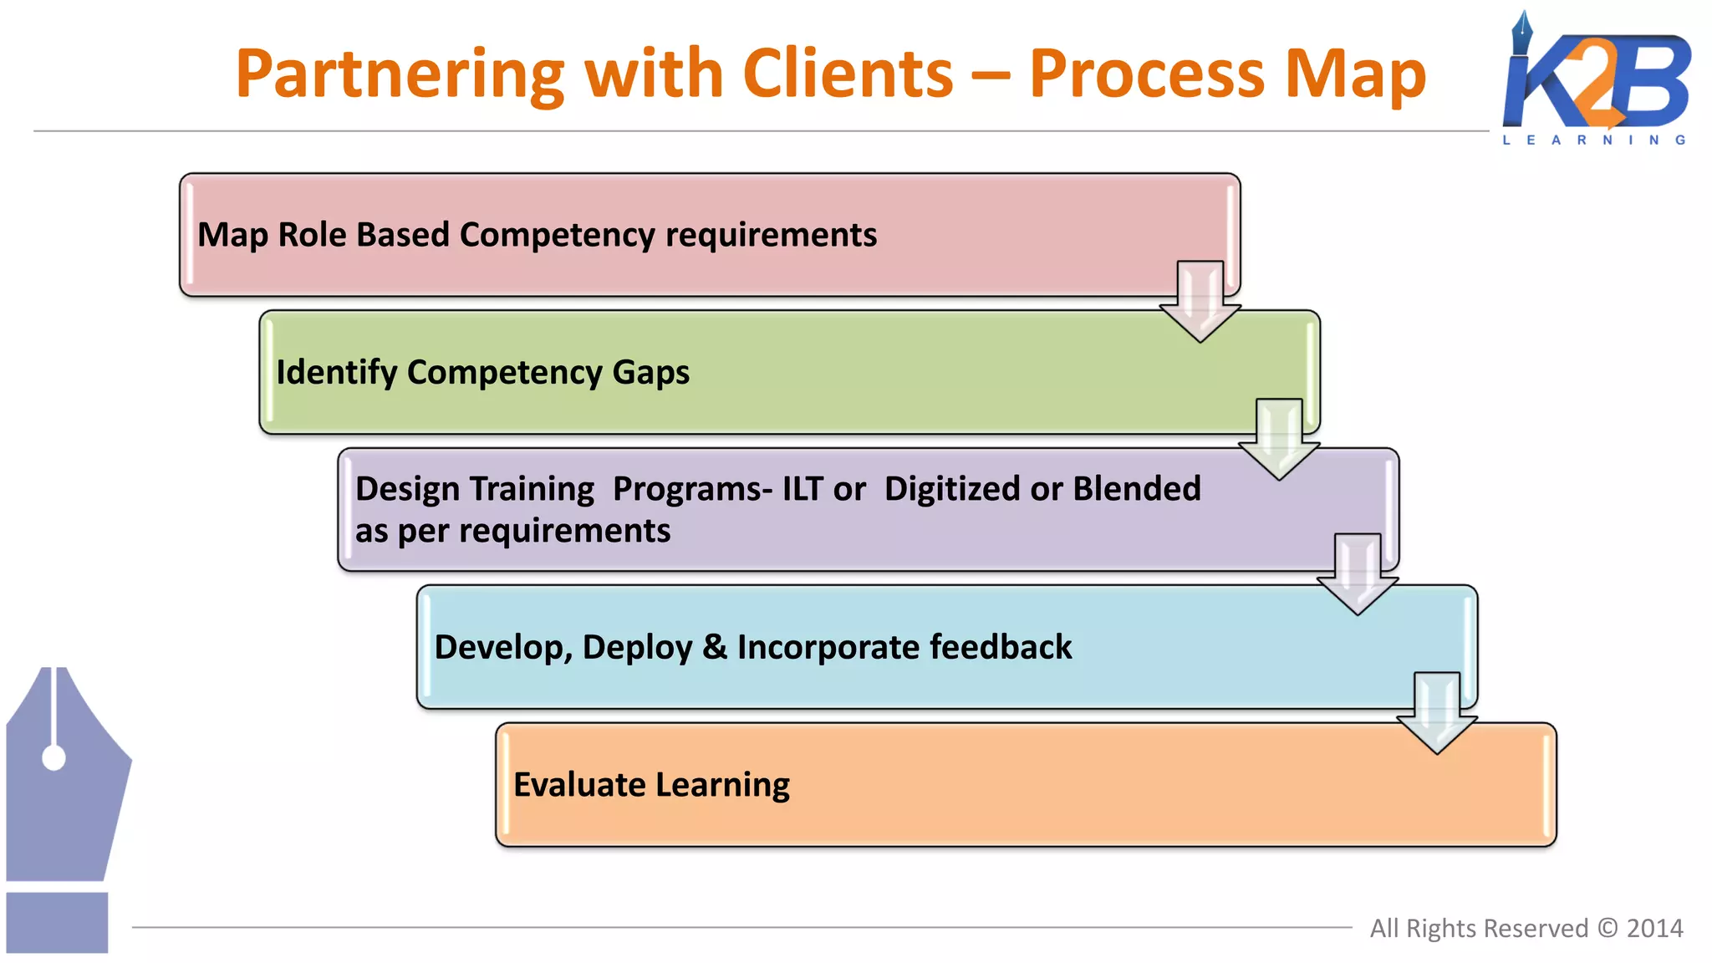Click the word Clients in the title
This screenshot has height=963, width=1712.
pyautogui.click(x=847, y=74)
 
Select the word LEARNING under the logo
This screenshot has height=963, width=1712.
pyautogui.click(x=1593, y=140)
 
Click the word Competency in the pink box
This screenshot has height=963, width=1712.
pyautogui.click(x=557, y=235)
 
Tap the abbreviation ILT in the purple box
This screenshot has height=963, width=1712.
pyautogui.click(x=802, y=489)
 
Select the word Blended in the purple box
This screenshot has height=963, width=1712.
pyautogui.click(x=1136, y=489)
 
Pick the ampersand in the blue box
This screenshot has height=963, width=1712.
pyautogui.click(x=714, y=647)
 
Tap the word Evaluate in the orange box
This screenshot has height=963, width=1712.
pyautogui.click(x=579, y=785)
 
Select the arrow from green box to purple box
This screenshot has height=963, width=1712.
pyautogui.click(x=1279, y=440)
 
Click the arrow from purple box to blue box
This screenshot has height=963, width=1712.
pyautogui.click(x=1358, y=575)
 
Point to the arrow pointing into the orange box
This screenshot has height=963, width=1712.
pyautogui.click(x=1436, y=713)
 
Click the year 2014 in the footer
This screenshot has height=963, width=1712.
pyautogui.click(x=1654, y=929)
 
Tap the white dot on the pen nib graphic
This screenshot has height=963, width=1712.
pyautogui.click(x=53, y=758)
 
